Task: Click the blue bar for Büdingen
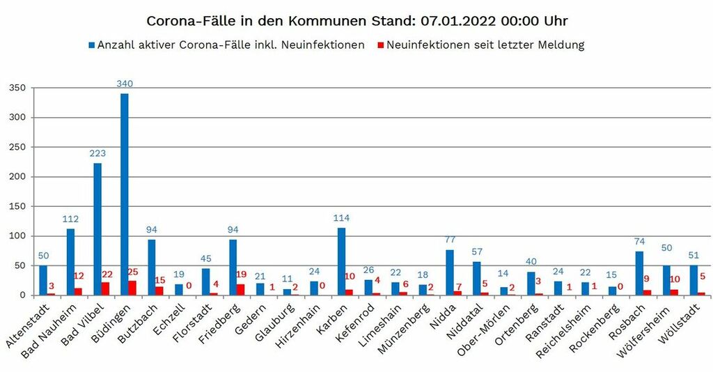(125, 195)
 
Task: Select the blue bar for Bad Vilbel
(97, 230)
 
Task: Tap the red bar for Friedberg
(240, 290)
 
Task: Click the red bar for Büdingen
(132, 288)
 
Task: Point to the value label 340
(125, 84)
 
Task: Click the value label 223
(97, 153)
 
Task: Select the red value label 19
(241, 274)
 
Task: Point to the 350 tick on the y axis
(17, 88)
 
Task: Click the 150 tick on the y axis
(17, 206)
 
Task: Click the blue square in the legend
(91, 45)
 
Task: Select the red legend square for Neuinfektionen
(379, 45)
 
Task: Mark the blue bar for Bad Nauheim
(70, 262)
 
